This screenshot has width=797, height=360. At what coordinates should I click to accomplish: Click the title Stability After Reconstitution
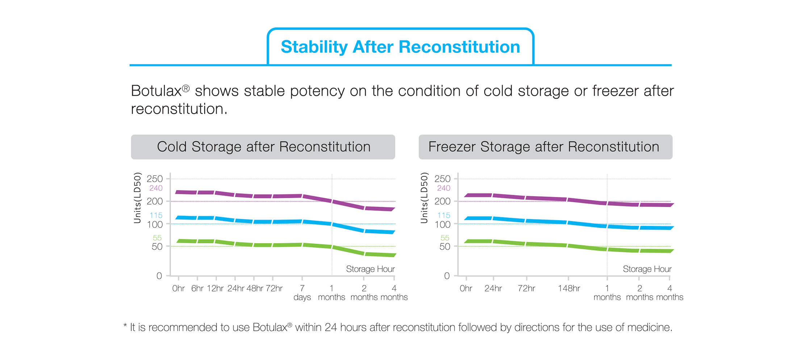coord(400,47)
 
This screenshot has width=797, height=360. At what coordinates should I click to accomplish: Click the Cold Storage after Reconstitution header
coord(263,147)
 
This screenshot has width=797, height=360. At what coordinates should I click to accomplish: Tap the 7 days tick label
coord(302,293)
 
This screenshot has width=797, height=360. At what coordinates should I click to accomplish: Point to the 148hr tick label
coord(569,288)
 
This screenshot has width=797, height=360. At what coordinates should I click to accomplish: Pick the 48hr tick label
coord(255,288)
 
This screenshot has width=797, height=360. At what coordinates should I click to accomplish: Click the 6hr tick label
coord(197,288)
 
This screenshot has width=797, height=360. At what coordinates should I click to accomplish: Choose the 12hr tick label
coord(215,288)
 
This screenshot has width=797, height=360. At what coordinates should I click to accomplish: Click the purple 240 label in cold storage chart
coord(156,188)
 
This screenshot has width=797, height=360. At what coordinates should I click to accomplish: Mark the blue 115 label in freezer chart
coord(444,215)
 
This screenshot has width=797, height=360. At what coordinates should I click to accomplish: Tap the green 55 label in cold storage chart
coord(157,238)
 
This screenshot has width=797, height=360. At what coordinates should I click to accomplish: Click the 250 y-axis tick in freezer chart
coord(442,179)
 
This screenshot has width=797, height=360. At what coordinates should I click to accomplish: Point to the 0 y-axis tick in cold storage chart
coord(159,276)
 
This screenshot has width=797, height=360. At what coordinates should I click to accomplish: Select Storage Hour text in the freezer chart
coord(647,269)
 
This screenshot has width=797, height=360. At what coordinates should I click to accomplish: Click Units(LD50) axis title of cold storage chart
coord(137,198)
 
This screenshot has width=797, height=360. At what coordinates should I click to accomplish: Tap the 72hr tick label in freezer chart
coord(526,288)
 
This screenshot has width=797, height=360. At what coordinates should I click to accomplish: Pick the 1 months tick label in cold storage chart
coord(331,293)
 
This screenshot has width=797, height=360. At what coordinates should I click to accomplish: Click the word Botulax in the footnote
coord(270,327)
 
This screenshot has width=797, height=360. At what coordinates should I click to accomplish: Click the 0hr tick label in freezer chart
coord(466,288)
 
